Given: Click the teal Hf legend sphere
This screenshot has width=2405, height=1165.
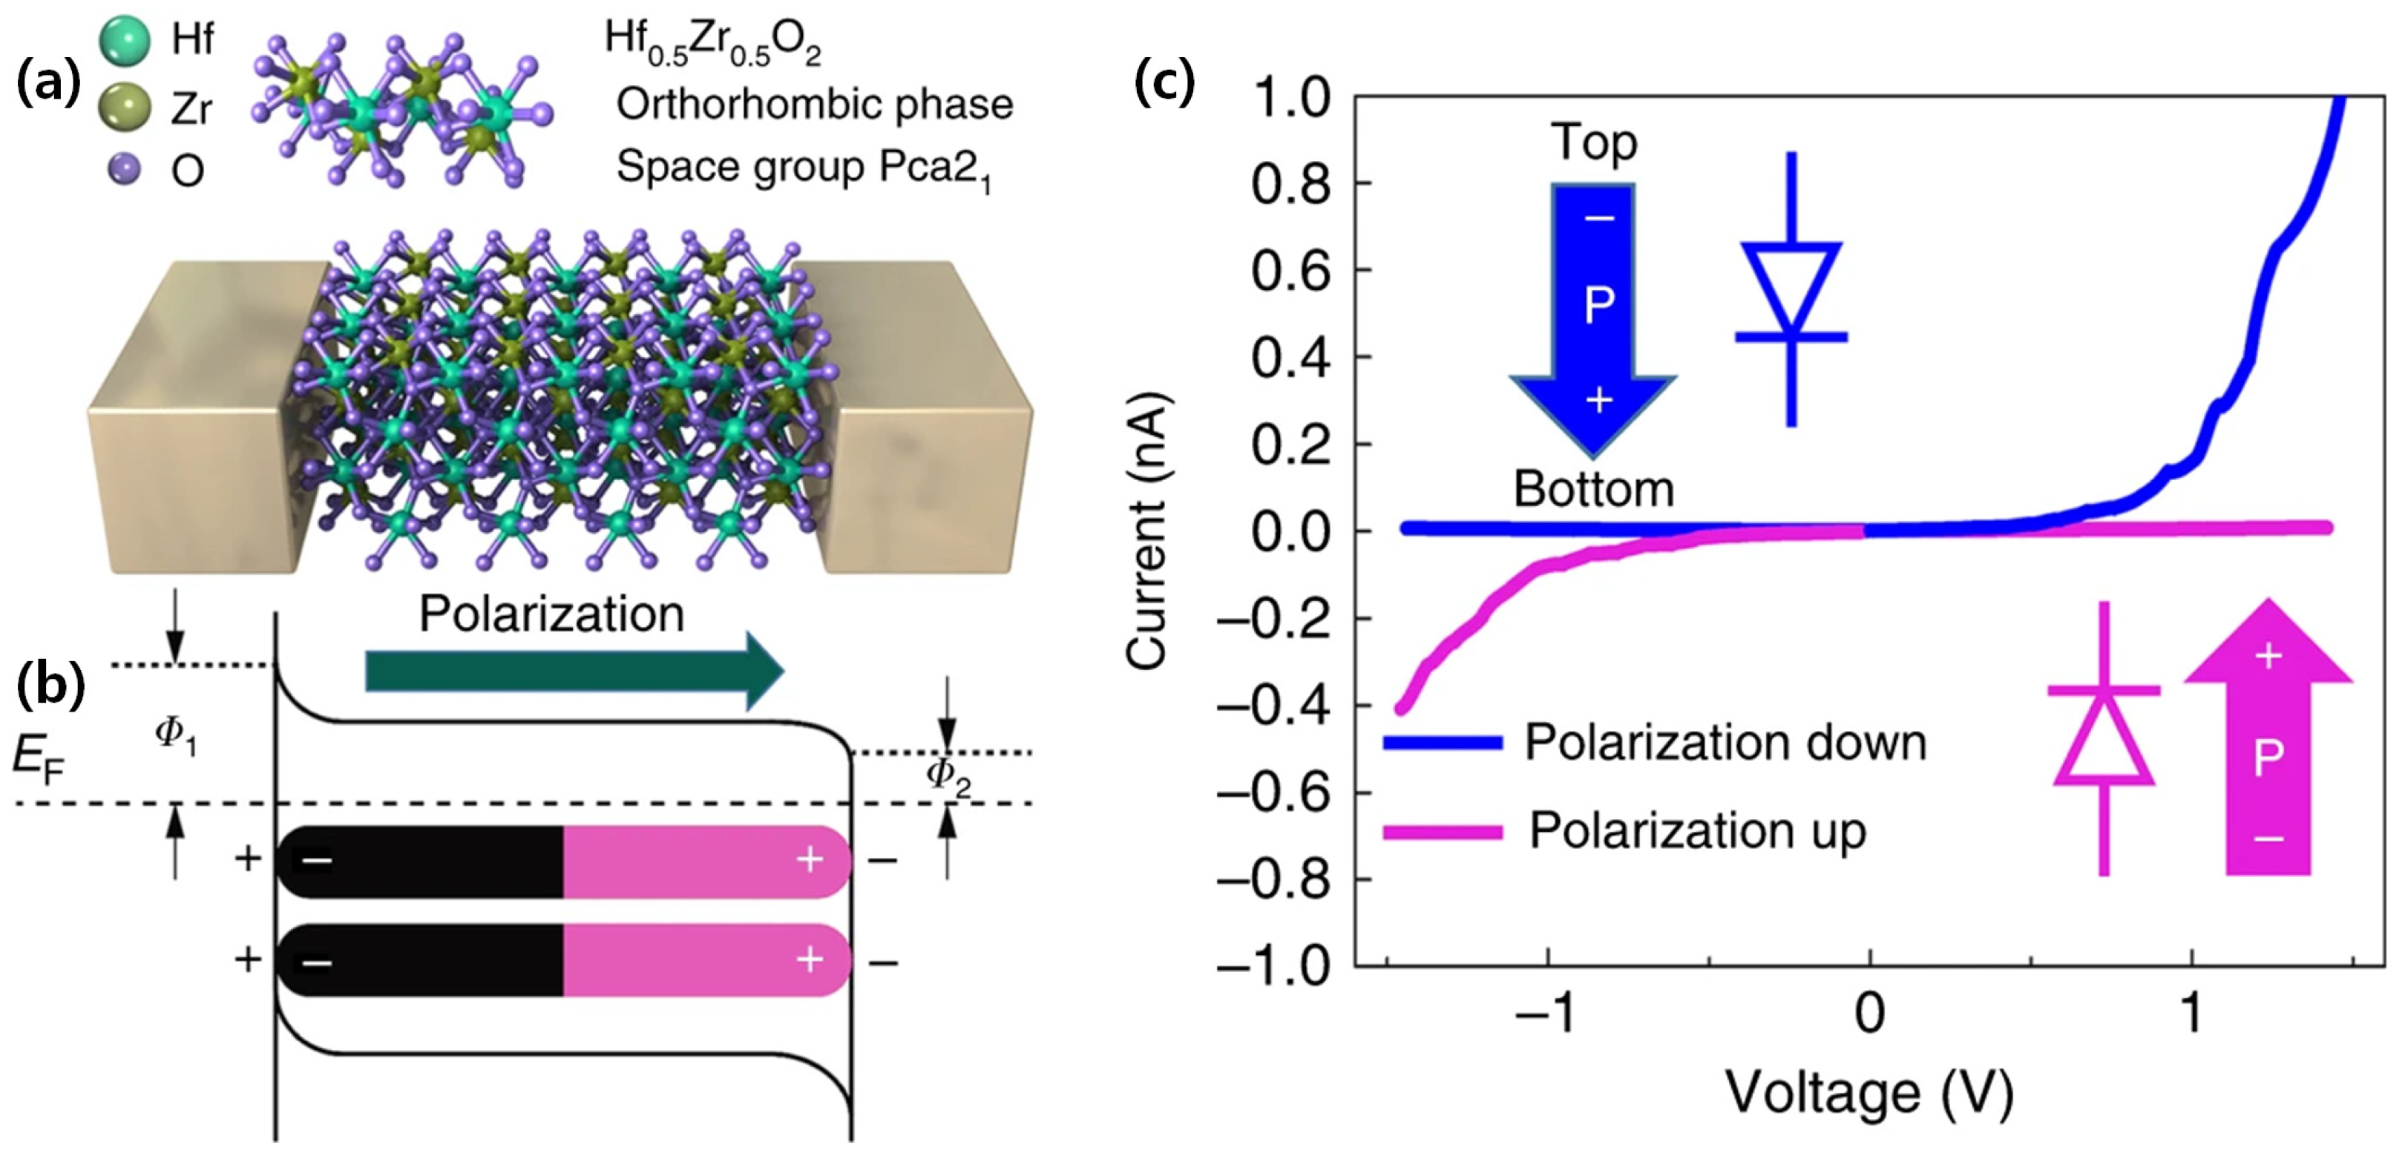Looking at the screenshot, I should [124, 40].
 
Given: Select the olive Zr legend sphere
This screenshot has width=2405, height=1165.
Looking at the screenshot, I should [124, 108].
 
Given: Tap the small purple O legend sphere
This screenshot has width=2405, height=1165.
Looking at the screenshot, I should [124, 169].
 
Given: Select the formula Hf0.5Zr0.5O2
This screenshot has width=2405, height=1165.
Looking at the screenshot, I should [713, 42].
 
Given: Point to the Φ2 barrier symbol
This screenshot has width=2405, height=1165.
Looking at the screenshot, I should [948, 777].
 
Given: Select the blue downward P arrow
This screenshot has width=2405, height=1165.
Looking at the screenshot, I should [1592, 318].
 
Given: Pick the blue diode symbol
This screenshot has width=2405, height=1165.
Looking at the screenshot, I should [1791, 289].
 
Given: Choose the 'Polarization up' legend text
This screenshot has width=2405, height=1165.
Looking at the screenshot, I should [1697, 831].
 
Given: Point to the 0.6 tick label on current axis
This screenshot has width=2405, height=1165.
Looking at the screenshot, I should [1290, 271].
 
